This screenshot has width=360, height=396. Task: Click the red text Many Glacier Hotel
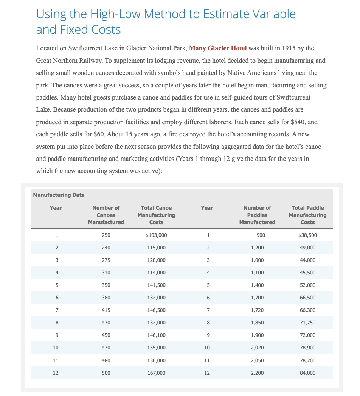click(217, 48)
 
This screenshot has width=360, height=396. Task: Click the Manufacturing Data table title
click(59, 195)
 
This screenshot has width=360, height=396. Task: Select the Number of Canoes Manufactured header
click(106, 215)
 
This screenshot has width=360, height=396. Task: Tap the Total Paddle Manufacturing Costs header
click(307, 215)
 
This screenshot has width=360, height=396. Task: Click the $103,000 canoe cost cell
click(156, 235)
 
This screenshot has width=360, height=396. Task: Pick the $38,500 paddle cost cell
click(307, 235)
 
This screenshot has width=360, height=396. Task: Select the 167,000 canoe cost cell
click(156, 373)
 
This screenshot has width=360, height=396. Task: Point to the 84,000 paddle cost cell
click(307, 373)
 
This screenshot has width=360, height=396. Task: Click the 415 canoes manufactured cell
click(106, 310)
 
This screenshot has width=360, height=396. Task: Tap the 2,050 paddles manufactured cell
click(257, 360)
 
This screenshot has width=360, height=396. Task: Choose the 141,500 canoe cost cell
click(156, 285)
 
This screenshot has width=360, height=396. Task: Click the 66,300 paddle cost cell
click(307, 310)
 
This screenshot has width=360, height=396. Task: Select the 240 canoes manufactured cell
click(106, 248)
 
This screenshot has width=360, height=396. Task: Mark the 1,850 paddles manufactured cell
click(257, 323)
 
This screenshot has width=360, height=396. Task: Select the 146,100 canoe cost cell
click(156, 335)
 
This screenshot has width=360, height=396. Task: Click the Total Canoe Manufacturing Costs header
click(156, 215)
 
